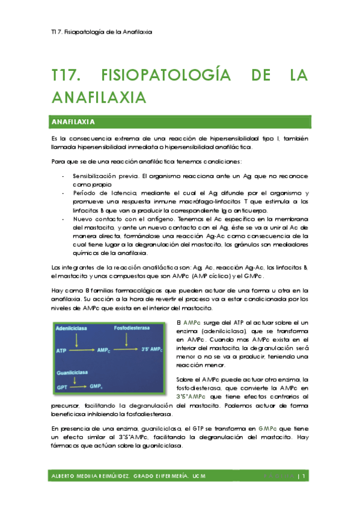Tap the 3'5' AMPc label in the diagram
click(x=154, y=349)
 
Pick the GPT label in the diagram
click(x=61, y=388)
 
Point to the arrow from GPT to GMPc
click(x=79, y=388)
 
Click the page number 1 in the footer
click(x=305, y=477)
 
